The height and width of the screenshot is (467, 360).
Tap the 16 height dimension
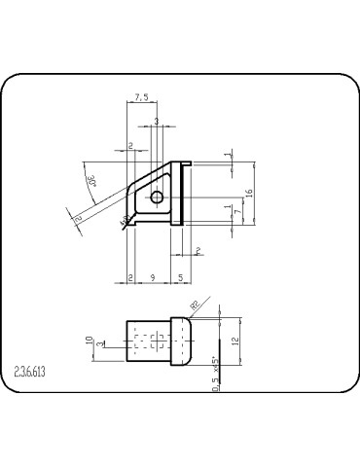click(250, 193)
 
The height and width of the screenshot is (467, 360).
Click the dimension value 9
click(152, 278)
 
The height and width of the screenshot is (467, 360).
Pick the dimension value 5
click(181, 278)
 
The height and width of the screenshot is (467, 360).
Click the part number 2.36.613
click(36, 371)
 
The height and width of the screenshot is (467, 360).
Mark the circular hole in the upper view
click(157, 198)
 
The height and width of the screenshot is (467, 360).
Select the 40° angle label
click(124, 223)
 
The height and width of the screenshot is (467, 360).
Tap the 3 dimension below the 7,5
click(156, 122)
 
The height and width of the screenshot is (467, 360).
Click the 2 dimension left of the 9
click(130, 278)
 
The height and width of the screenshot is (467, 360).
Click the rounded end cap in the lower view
click(181, 341)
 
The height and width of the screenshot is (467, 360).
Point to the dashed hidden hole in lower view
click(148, 341)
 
